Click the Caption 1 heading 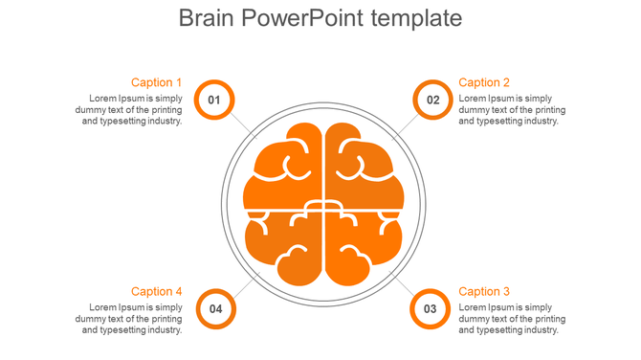156,82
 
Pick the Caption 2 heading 484,82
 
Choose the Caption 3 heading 484,291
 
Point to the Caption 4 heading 156,291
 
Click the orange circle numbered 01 214,100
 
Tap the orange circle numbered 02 432,100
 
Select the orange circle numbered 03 431,308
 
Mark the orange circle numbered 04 216,308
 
